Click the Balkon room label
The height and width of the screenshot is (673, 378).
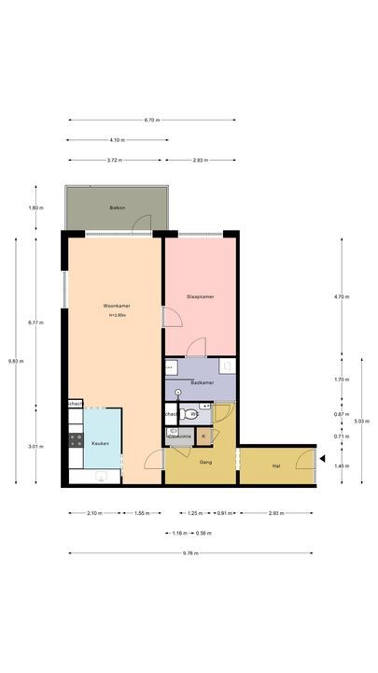pos(117,207)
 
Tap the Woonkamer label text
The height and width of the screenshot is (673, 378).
pos(116,306)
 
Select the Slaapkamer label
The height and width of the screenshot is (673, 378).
pos(201,296)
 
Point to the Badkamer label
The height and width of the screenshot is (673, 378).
pos(202,382)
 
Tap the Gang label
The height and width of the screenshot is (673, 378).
pos(205,461)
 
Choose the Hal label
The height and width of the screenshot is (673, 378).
pos(276,465)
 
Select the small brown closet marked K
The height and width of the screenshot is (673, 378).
pos(203,436)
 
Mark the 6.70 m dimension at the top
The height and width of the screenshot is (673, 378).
pos(152,121)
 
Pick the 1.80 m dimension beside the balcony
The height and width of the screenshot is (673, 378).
pos(35,208)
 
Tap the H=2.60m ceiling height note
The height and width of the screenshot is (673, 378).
pos(117,315)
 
